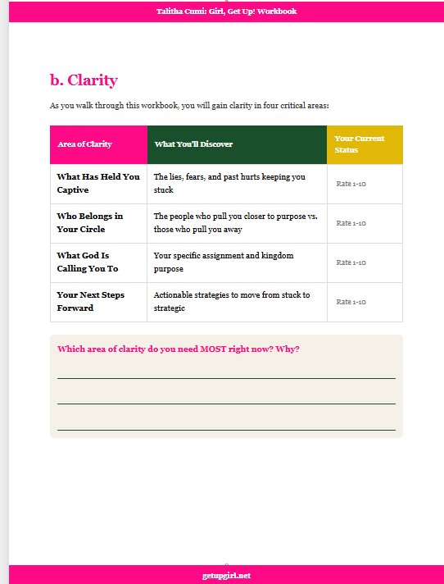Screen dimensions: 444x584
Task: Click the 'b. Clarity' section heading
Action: click(84, 80)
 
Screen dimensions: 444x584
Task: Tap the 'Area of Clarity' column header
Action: click(84, 144)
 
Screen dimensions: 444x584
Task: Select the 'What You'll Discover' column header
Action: click(193, 144)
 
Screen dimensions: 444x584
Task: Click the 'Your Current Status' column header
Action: click(359, 144)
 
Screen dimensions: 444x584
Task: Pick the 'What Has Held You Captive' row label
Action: click(97, 183)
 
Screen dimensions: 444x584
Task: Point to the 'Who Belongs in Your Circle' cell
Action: click(89, 222)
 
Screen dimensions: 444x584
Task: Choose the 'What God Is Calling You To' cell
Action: click(87, 262)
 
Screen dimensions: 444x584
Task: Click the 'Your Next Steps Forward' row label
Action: click(90, 301)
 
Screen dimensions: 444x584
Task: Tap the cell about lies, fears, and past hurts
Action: click(229, 183)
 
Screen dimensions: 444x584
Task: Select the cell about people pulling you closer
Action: click(235, 222)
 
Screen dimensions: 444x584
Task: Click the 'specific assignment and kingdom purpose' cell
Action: click(223, 262)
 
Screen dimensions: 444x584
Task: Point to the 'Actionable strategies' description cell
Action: click(232, 301)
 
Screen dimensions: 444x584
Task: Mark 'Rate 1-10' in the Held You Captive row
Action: click(351, 184)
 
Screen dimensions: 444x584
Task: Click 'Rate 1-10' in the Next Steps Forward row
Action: click(351, 302)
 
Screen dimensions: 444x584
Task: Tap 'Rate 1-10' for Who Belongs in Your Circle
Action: click(351, 223)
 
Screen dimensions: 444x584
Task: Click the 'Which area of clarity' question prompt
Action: click(178, 349)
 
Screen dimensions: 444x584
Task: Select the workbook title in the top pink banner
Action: click(226, 11)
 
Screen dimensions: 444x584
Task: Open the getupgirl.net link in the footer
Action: click(226, 576)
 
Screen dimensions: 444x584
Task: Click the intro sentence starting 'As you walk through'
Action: click(189, 106)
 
